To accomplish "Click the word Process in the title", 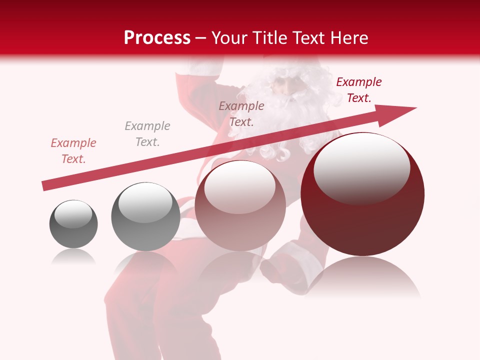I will (x=157, y=38).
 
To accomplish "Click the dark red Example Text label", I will (x=358, y=90).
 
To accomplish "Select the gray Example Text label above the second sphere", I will (x=147, y=134).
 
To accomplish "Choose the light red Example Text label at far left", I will (x=73, y=151).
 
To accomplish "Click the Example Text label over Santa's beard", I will (x=241, y=113).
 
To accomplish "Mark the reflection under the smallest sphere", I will (x=73, y=256).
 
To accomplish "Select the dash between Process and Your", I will (x=200, y=38).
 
